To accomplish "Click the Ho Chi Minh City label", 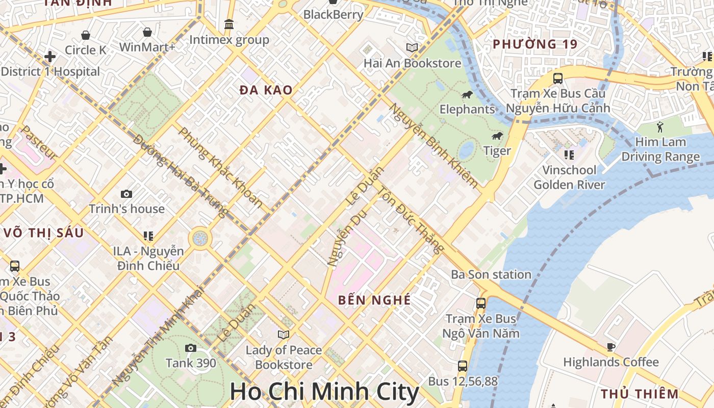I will [324, 392].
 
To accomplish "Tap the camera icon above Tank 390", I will [191, 348].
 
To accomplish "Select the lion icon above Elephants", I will [467, 94].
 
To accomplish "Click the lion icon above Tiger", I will [497, 136].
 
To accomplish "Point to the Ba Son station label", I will [491, 274].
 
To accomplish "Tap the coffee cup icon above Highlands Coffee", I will [611, 347].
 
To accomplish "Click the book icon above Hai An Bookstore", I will [412, 48].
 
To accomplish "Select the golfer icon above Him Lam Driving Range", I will [660, 126].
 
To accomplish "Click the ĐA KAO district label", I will [266, 90].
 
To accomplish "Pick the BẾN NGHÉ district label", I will [374, 300].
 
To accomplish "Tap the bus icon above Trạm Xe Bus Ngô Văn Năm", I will [480, 303].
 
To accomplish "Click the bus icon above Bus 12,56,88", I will [462, 366].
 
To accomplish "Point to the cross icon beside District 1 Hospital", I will [50, 56].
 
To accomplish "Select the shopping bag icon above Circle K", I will [86, 35].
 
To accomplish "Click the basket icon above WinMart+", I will [147, 32].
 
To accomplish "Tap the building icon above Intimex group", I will [229, 24].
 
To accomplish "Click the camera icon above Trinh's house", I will [126, 194].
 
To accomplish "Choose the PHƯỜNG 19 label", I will [535, 44].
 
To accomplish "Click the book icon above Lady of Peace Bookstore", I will [284, 335].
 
